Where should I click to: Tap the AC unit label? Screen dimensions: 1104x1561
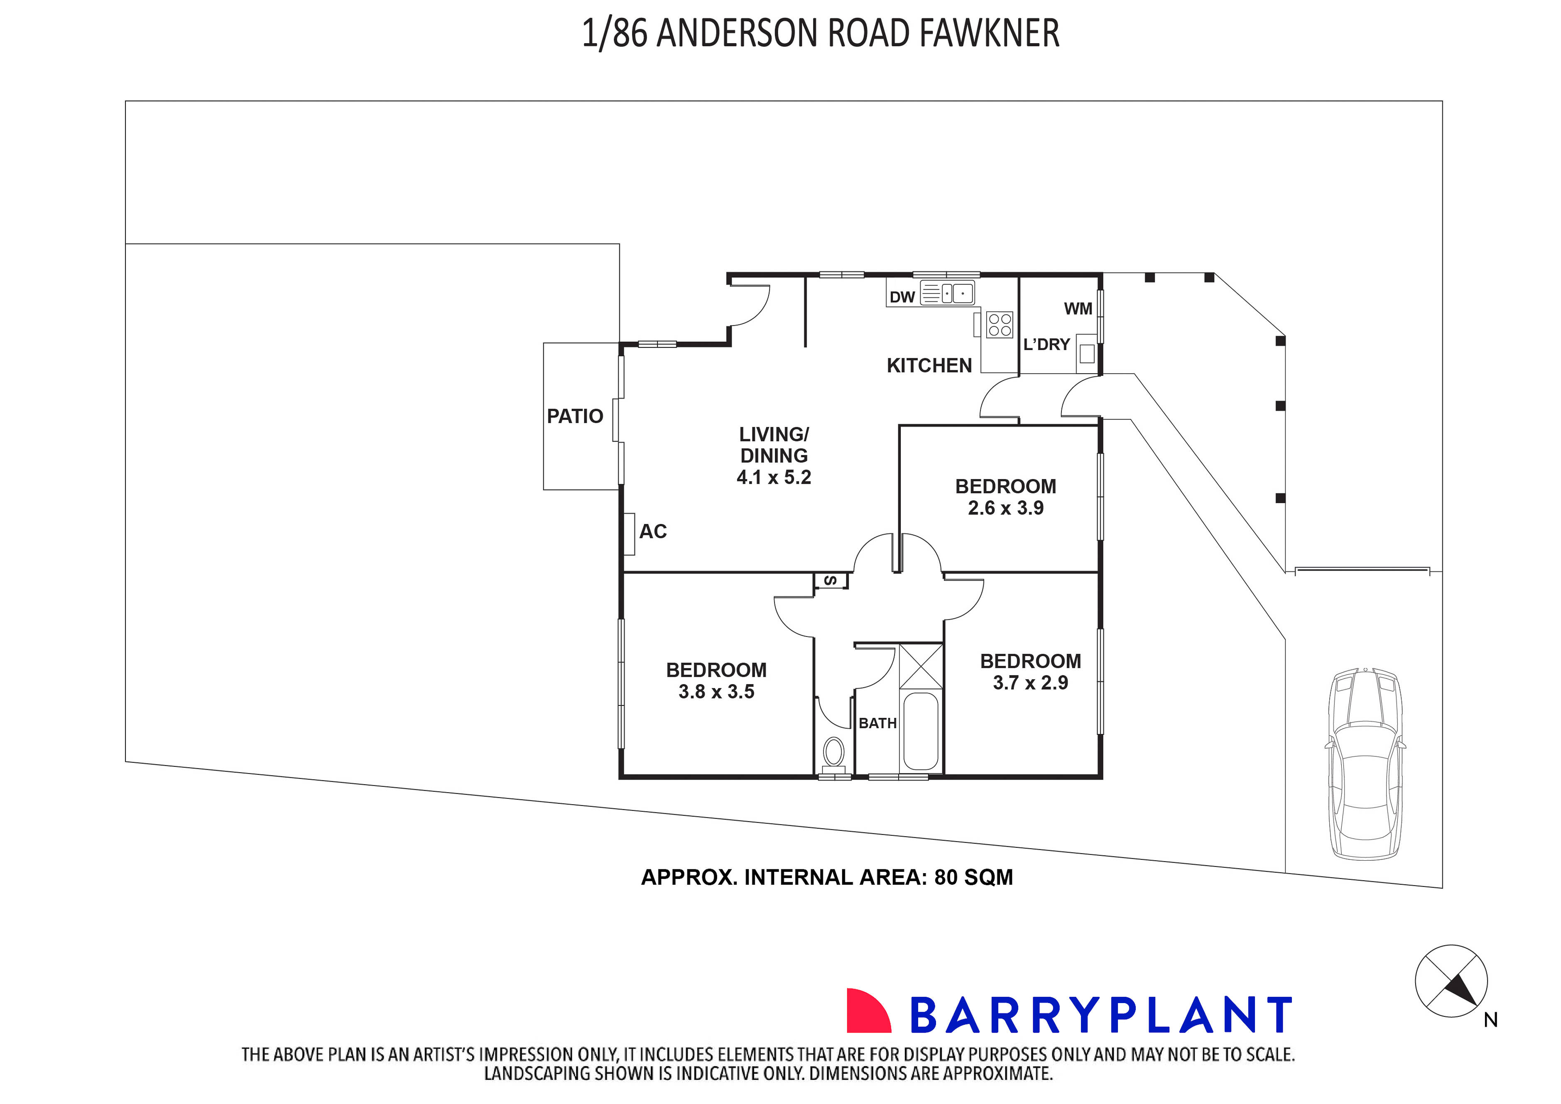653,531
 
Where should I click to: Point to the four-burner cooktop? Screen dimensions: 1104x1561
1000,324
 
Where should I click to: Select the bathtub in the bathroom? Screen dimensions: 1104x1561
921,731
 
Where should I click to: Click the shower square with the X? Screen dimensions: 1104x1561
921,667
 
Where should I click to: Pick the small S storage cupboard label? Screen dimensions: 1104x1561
830,580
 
